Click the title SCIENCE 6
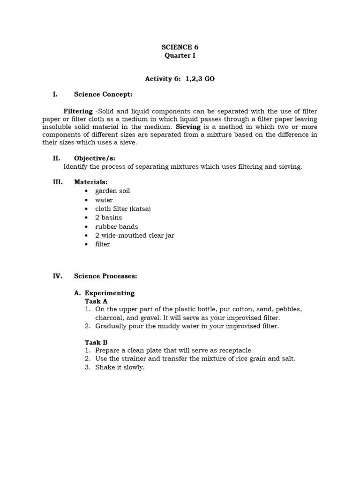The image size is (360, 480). click(x=176, y=47)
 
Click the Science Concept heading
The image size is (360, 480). click(x=103, y=94)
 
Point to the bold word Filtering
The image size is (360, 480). click(x=78, y=111)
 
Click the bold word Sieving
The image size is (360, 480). click(x=188, y=127)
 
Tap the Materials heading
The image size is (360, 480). click(x=90, y=182)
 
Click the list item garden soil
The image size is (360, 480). click(x=112, y=191)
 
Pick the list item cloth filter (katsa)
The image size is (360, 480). click(x=123, y=209)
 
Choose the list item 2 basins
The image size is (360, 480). click(x=108, y=217)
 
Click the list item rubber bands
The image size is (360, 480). click(x=117, y=226)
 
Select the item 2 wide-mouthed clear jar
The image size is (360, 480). click(x=135, y=235)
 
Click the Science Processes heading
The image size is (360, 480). click(x=105, y=276)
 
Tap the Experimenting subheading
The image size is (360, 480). click(x=109, y=293)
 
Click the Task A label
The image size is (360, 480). click(x=96, y=301)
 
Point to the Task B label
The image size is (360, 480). click(x=96, y=342)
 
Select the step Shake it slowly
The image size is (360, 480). click(x=120, y=367)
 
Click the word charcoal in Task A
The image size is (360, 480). click(x=109, y=318)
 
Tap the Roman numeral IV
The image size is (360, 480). click(x=57, y=276)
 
